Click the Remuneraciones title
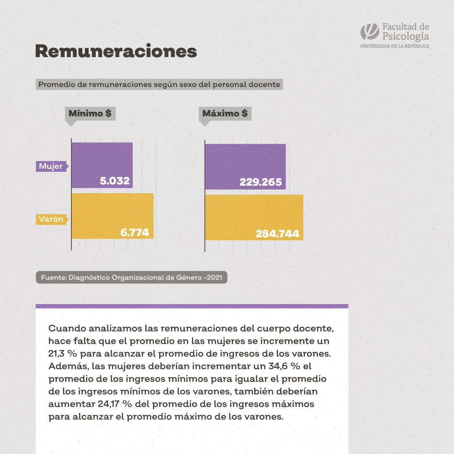116,51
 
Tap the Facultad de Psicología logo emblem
370,32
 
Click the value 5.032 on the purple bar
115,181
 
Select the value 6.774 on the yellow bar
134,232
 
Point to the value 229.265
260,182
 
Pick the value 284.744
277,234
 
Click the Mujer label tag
51,166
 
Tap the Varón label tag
51,219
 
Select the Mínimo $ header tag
90,113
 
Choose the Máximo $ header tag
225,113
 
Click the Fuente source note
131,278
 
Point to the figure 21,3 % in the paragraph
63,352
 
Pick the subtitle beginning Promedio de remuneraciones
159,84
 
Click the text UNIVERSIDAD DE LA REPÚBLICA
394,46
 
